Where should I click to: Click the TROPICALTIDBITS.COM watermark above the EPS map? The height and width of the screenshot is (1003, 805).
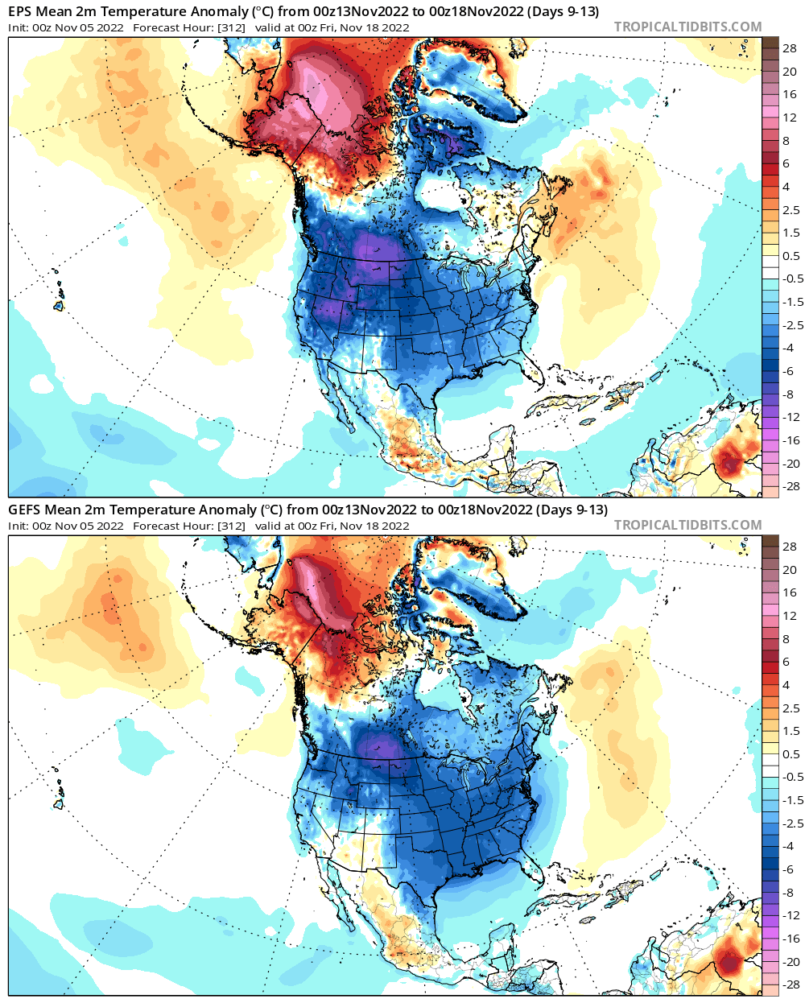[687, 27]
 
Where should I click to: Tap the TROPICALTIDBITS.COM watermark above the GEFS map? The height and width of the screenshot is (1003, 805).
[687, 525]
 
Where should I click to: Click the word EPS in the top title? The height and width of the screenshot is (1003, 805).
[21, 11]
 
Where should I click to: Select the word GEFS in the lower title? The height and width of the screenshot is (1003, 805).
[24, 510]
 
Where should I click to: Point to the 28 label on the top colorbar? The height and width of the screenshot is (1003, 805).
[790, 48]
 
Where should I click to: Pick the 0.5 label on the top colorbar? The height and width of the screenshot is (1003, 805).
[791, 256]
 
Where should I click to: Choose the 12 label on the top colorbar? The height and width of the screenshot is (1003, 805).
[790, 118]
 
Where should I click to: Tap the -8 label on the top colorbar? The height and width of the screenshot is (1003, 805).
[790, 394]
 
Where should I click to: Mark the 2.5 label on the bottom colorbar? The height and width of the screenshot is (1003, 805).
[791, 708]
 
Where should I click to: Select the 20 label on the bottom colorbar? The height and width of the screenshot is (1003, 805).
[790, 569]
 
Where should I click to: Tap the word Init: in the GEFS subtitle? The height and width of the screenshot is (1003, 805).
[19, 526]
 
